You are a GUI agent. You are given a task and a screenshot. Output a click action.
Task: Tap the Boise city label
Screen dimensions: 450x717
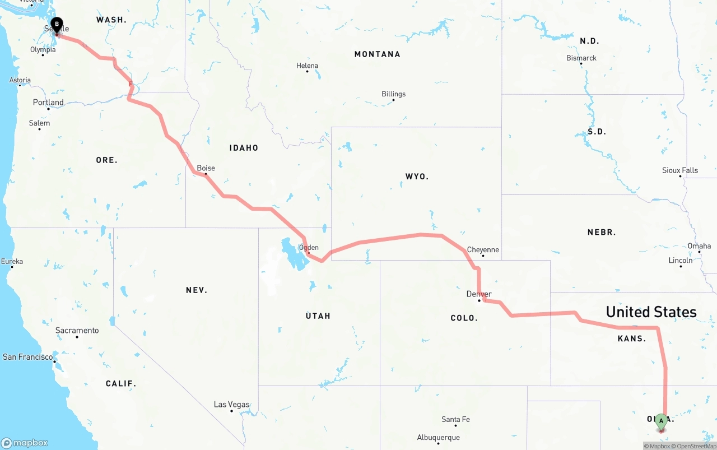(206, 168)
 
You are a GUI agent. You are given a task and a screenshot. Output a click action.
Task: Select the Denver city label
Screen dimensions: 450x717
(479, 294)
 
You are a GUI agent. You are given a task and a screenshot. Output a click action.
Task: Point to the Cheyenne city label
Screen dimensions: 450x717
(483, 250)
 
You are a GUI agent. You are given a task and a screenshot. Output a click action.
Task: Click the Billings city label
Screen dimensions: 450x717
(393, 94)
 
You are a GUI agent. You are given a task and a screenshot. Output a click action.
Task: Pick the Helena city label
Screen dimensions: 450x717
(307, 66)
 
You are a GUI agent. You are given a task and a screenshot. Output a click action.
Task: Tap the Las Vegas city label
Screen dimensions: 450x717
(231, 405)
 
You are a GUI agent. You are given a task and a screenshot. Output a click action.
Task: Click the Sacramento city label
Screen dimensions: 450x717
(77, 331)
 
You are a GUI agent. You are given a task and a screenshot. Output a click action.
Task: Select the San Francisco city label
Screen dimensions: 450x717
(28, 357)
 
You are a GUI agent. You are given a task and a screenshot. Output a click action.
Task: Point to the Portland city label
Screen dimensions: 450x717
(48, 103)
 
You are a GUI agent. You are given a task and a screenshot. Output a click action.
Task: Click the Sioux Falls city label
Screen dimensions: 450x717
(680, 170)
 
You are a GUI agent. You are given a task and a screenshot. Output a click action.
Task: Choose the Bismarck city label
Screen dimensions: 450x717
(581, 58)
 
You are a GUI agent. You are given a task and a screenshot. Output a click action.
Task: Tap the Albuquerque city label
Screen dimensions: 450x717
(438, 438)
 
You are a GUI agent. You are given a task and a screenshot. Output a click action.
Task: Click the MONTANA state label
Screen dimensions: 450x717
(377, 54)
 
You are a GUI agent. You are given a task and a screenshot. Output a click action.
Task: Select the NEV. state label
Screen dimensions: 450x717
(197, 290)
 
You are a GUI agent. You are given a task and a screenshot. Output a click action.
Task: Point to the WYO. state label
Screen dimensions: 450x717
(417, 177)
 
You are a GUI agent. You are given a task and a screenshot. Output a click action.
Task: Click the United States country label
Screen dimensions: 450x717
(651, 312)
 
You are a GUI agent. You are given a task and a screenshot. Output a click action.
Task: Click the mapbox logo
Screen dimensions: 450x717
(25, 443)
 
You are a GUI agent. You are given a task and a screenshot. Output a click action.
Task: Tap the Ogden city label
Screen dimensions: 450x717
(309, 247)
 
